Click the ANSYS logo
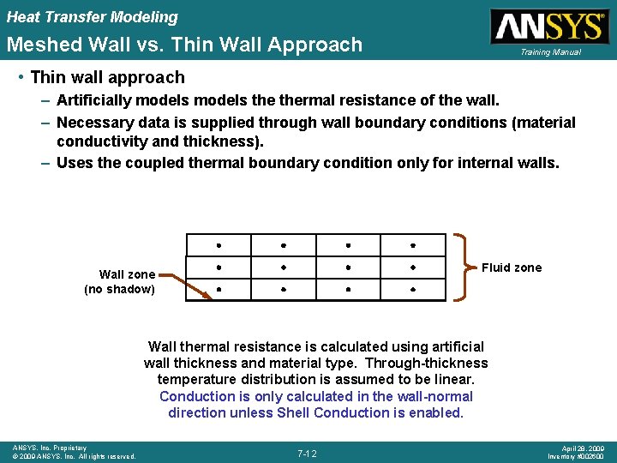[x=548, y=26]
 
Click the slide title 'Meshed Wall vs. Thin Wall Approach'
[x=184, y=45]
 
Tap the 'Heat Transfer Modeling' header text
[x=93, y=16]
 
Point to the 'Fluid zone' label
[x=512, y=268]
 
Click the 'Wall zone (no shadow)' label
[x=120, y=281]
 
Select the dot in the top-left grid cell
[x=219, y=244]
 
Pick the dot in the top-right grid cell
[x=413, y=244]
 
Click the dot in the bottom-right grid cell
[x=413, y=290]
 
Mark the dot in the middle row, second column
[x=285, y=267]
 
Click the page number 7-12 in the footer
[x=307, y=453]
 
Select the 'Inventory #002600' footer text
[x=577, y=456]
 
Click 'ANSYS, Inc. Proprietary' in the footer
[x=50, y=448]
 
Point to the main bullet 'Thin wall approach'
[x=107, y=77]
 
